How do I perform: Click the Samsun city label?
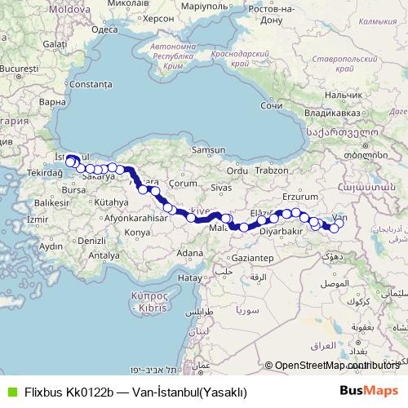point(207,150)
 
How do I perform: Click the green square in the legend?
point(11,391)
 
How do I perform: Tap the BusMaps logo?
point(369,390)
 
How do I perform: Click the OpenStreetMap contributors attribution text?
point(335,365)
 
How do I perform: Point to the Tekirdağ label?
point(35,173)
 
